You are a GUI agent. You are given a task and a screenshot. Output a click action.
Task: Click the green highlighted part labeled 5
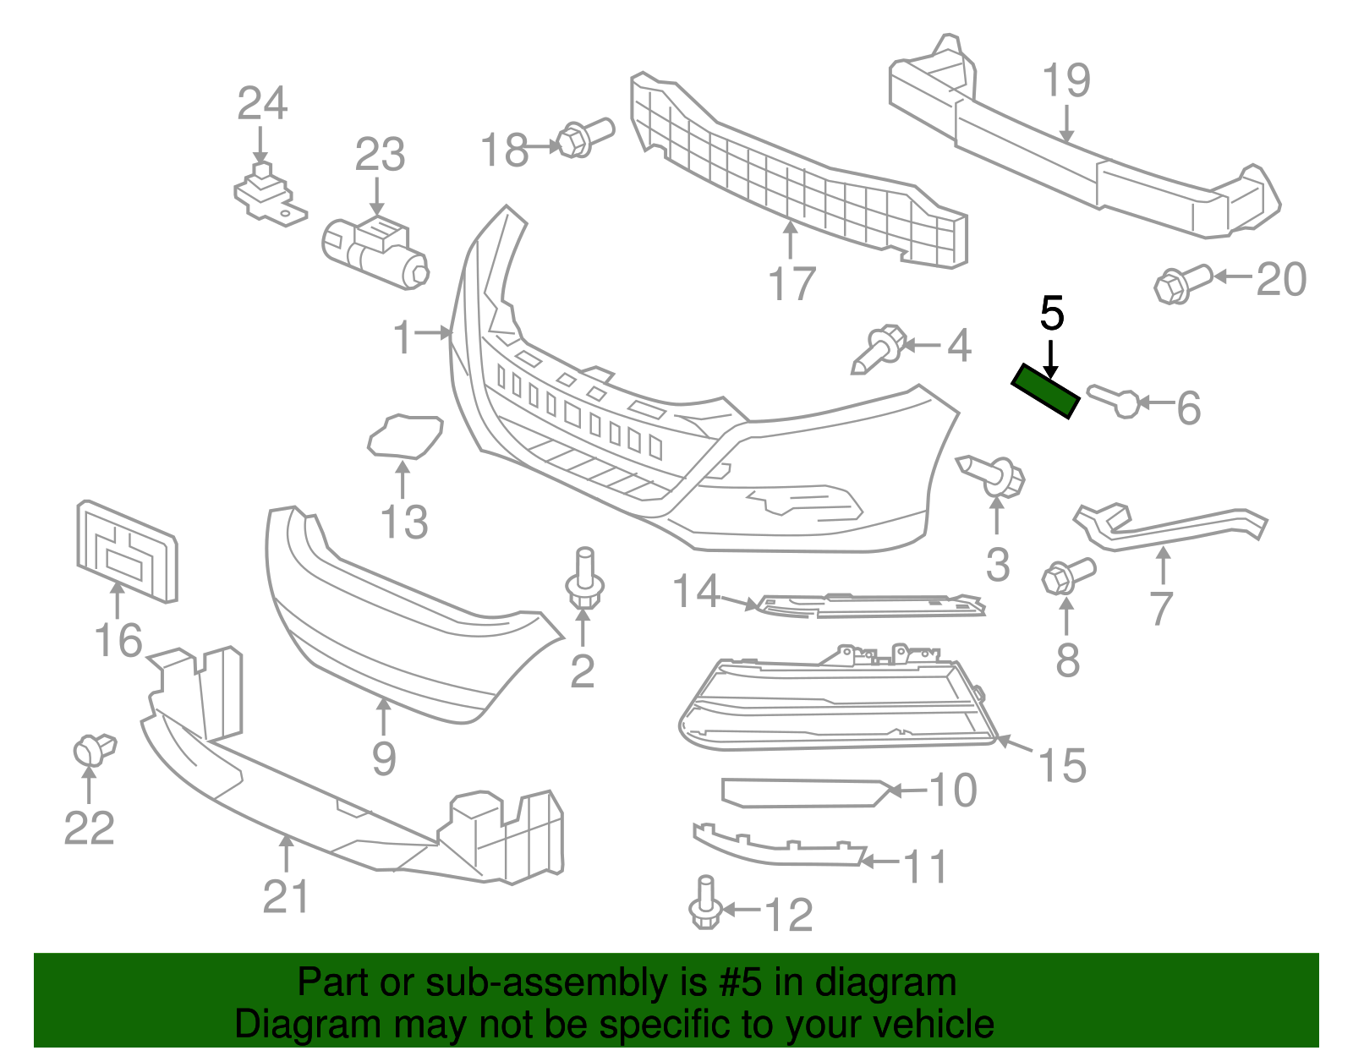point(1046,391)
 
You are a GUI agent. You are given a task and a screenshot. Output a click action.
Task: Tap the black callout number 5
point(1051,314)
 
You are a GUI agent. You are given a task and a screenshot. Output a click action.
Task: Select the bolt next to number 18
point(584,138)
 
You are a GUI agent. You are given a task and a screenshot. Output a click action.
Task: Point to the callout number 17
point(792,284)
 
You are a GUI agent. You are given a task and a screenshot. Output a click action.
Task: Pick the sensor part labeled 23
point(375,249)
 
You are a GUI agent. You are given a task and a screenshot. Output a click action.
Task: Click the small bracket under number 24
point(266,197)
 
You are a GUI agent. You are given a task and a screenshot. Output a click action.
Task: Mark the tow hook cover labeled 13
point(405,435)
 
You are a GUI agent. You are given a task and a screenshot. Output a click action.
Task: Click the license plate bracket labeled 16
point(127,551)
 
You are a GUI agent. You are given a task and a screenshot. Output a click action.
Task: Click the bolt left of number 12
point(705,905)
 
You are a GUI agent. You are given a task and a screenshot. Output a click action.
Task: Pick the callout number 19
point(1065,81)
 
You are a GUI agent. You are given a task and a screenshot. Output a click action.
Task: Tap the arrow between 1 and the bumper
point(435,333)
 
